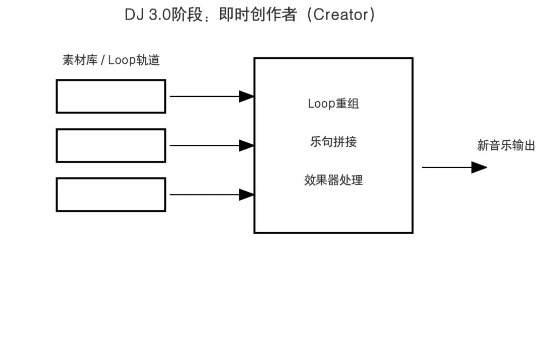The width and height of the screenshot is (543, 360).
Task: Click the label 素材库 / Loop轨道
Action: (x=111, y=60)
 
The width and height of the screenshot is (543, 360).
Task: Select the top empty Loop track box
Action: (x=111, y=96)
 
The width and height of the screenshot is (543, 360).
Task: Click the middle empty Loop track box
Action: (x=111, y=145)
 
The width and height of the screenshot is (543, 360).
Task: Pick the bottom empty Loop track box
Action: (x=111, y=194)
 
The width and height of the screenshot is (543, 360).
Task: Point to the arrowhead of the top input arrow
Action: (x=246, y=96)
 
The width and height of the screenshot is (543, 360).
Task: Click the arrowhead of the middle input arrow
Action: (x=246, y=145)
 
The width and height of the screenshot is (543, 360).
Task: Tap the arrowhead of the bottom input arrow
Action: (x=246, y=194)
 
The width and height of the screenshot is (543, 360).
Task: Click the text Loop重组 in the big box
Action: (x=333, y=104)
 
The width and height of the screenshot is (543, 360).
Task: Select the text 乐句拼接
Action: (x=333, y=142)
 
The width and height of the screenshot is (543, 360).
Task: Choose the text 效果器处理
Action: (x=333, y=180)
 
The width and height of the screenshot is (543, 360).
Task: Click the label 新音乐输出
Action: (x=506, y=146)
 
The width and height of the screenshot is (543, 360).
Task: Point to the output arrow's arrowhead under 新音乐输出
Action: (x=479, y=167)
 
